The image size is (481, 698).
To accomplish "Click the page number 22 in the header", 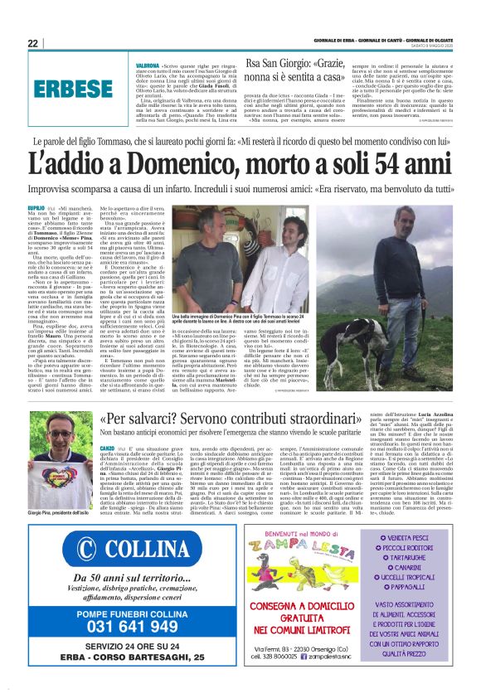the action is pyautogui.click(x=32, y=42).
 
